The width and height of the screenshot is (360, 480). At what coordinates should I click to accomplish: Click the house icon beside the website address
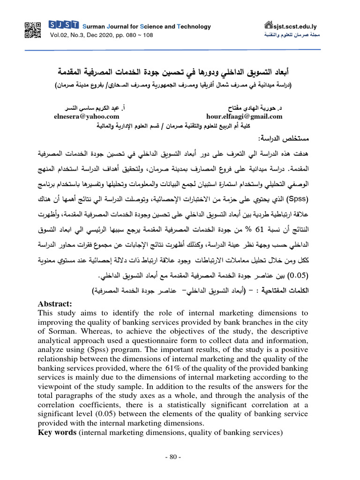269,25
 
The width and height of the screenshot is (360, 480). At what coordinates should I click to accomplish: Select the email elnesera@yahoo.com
87,116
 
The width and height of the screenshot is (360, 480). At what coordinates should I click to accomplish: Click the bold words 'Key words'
57,432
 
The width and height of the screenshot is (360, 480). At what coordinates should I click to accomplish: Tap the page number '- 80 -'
180,457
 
